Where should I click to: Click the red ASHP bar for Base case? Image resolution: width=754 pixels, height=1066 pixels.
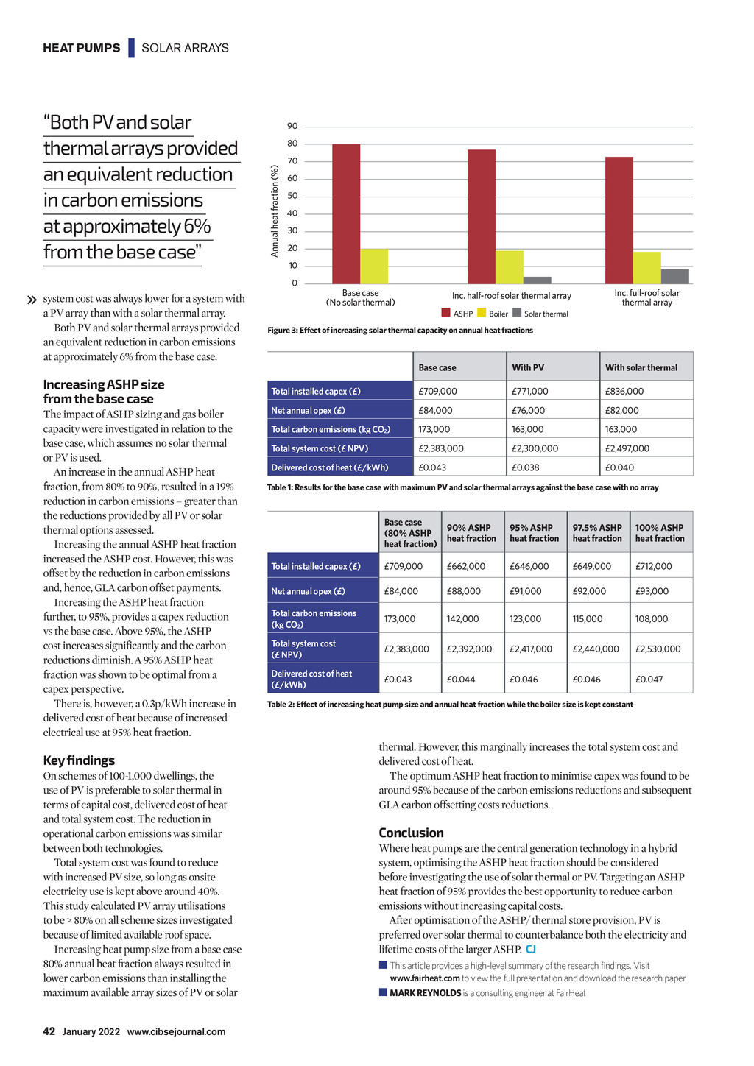(346, 213)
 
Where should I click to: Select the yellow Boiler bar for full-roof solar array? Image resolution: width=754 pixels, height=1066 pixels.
(646, 268)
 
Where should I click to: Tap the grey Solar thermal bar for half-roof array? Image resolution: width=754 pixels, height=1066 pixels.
(538, 280)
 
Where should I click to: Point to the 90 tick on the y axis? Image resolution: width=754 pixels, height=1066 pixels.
(292, 126)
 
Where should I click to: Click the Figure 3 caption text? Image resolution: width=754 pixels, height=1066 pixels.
(400, 331)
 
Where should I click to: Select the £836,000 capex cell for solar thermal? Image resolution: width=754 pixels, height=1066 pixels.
(624, 392)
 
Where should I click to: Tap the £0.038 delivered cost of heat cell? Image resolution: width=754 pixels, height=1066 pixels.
(525, 467)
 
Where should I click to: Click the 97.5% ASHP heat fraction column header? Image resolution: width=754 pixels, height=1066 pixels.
(597, 533)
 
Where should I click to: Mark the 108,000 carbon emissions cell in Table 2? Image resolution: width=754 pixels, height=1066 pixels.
(652, 619)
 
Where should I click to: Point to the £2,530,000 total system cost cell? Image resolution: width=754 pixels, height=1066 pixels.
(658, 649)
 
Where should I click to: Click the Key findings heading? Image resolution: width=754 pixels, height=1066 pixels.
(79, 760)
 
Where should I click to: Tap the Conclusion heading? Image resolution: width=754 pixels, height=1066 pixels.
(411, 833)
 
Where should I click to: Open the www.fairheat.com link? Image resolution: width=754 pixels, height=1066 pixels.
(425, 978)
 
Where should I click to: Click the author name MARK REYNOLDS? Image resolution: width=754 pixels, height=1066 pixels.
(425, 993)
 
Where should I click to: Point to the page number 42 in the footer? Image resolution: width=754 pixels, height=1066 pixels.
(49, 1031)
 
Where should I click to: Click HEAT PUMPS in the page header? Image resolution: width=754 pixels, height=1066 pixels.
(81, 48)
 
